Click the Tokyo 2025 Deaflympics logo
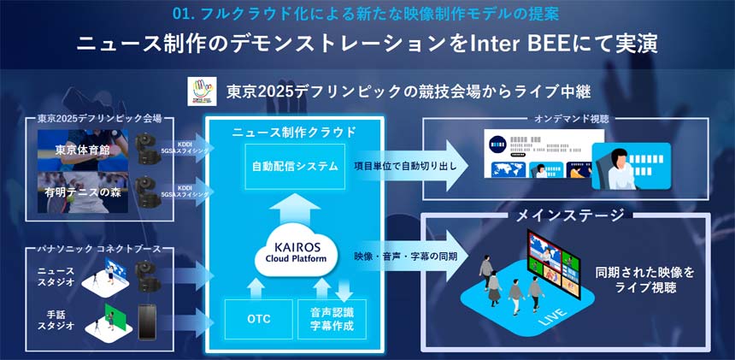pos(203,91)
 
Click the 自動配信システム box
pos(295,166)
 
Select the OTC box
pos(258,317)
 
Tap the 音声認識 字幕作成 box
pos(332,317)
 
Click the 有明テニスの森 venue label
pos(83,192)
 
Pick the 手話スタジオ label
pos(57,319)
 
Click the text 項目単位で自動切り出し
pos(404,166)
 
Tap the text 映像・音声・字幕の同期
pos(404,257)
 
